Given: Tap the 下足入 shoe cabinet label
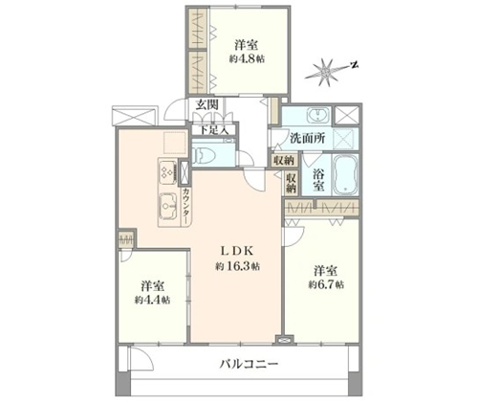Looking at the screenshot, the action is (214, 130).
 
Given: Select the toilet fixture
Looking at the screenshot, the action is (205, 155).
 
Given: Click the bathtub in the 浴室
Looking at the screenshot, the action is (345, 174).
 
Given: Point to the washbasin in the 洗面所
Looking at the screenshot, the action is (317, 115).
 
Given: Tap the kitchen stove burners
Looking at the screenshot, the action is (167, 172).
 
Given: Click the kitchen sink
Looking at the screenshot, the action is (168, 207).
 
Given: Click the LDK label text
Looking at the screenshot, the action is (236, 251).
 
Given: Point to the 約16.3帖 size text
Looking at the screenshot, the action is (236, 266).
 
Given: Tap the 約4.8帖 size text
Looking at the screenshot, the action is (248, 59).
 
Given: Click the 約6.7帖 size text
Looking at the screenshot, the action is (326, 284).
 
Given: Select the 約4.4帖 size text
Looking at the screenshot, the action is (152, 300).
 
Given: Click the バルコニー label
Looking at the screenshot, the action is (250, 364).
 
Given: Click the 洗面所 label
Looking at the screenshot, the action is (307, 138).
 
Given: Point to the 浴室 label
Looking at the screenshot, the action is (317, 179).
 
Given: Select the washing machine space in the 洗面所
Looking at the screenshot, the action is (346, 139).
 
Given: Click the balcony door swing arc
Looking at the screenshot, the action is (145, 356).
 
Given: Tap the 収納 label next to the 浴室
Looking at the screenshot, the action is (292, 183).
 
